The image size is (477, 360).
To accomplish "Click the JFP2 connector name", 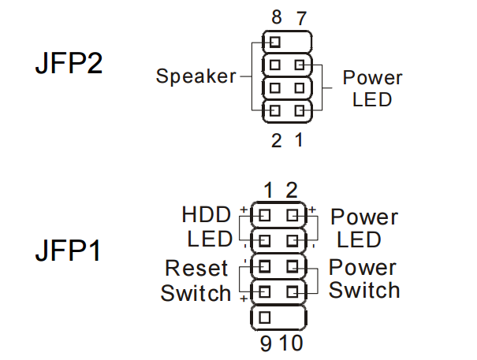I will pyautogui.click(x=69, y=64).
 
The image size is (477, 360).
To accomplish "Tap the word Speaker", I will pyautogui.click(x=196, y=76).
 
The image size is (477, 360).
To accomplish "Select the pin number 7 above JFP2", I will pyautogui.click(x=300, y=17).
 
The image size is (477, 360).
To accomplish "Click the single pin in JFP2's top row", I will pyautogui.click(x=274, y=41).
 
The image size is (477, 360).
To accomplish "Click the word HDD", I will pyautogui.click(x=207, y=215).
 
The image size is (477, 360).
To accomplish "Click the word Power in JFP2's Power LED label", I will pyautogui.click(x=372, y=78).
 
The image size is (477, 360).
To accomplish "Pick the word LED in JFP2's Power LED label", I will pyautogui.click(x=372, y=100).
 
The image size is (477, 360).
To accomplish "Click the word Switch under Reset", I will pyautogui.click(x=196, y=293).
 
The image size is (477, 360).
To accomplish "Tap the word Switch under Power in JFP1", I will pyautogui.click(x=364, y=290).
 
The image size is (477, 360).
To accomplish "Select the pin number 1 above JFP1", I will pyautogui.click(x=269, y=190).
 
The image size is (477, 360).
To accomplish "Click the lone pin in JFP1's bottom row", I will pyautogui.click(x=264, y=317).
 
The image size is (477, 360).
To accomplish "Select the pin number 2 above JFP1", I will pyautogui.click(x=291, y=190).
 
